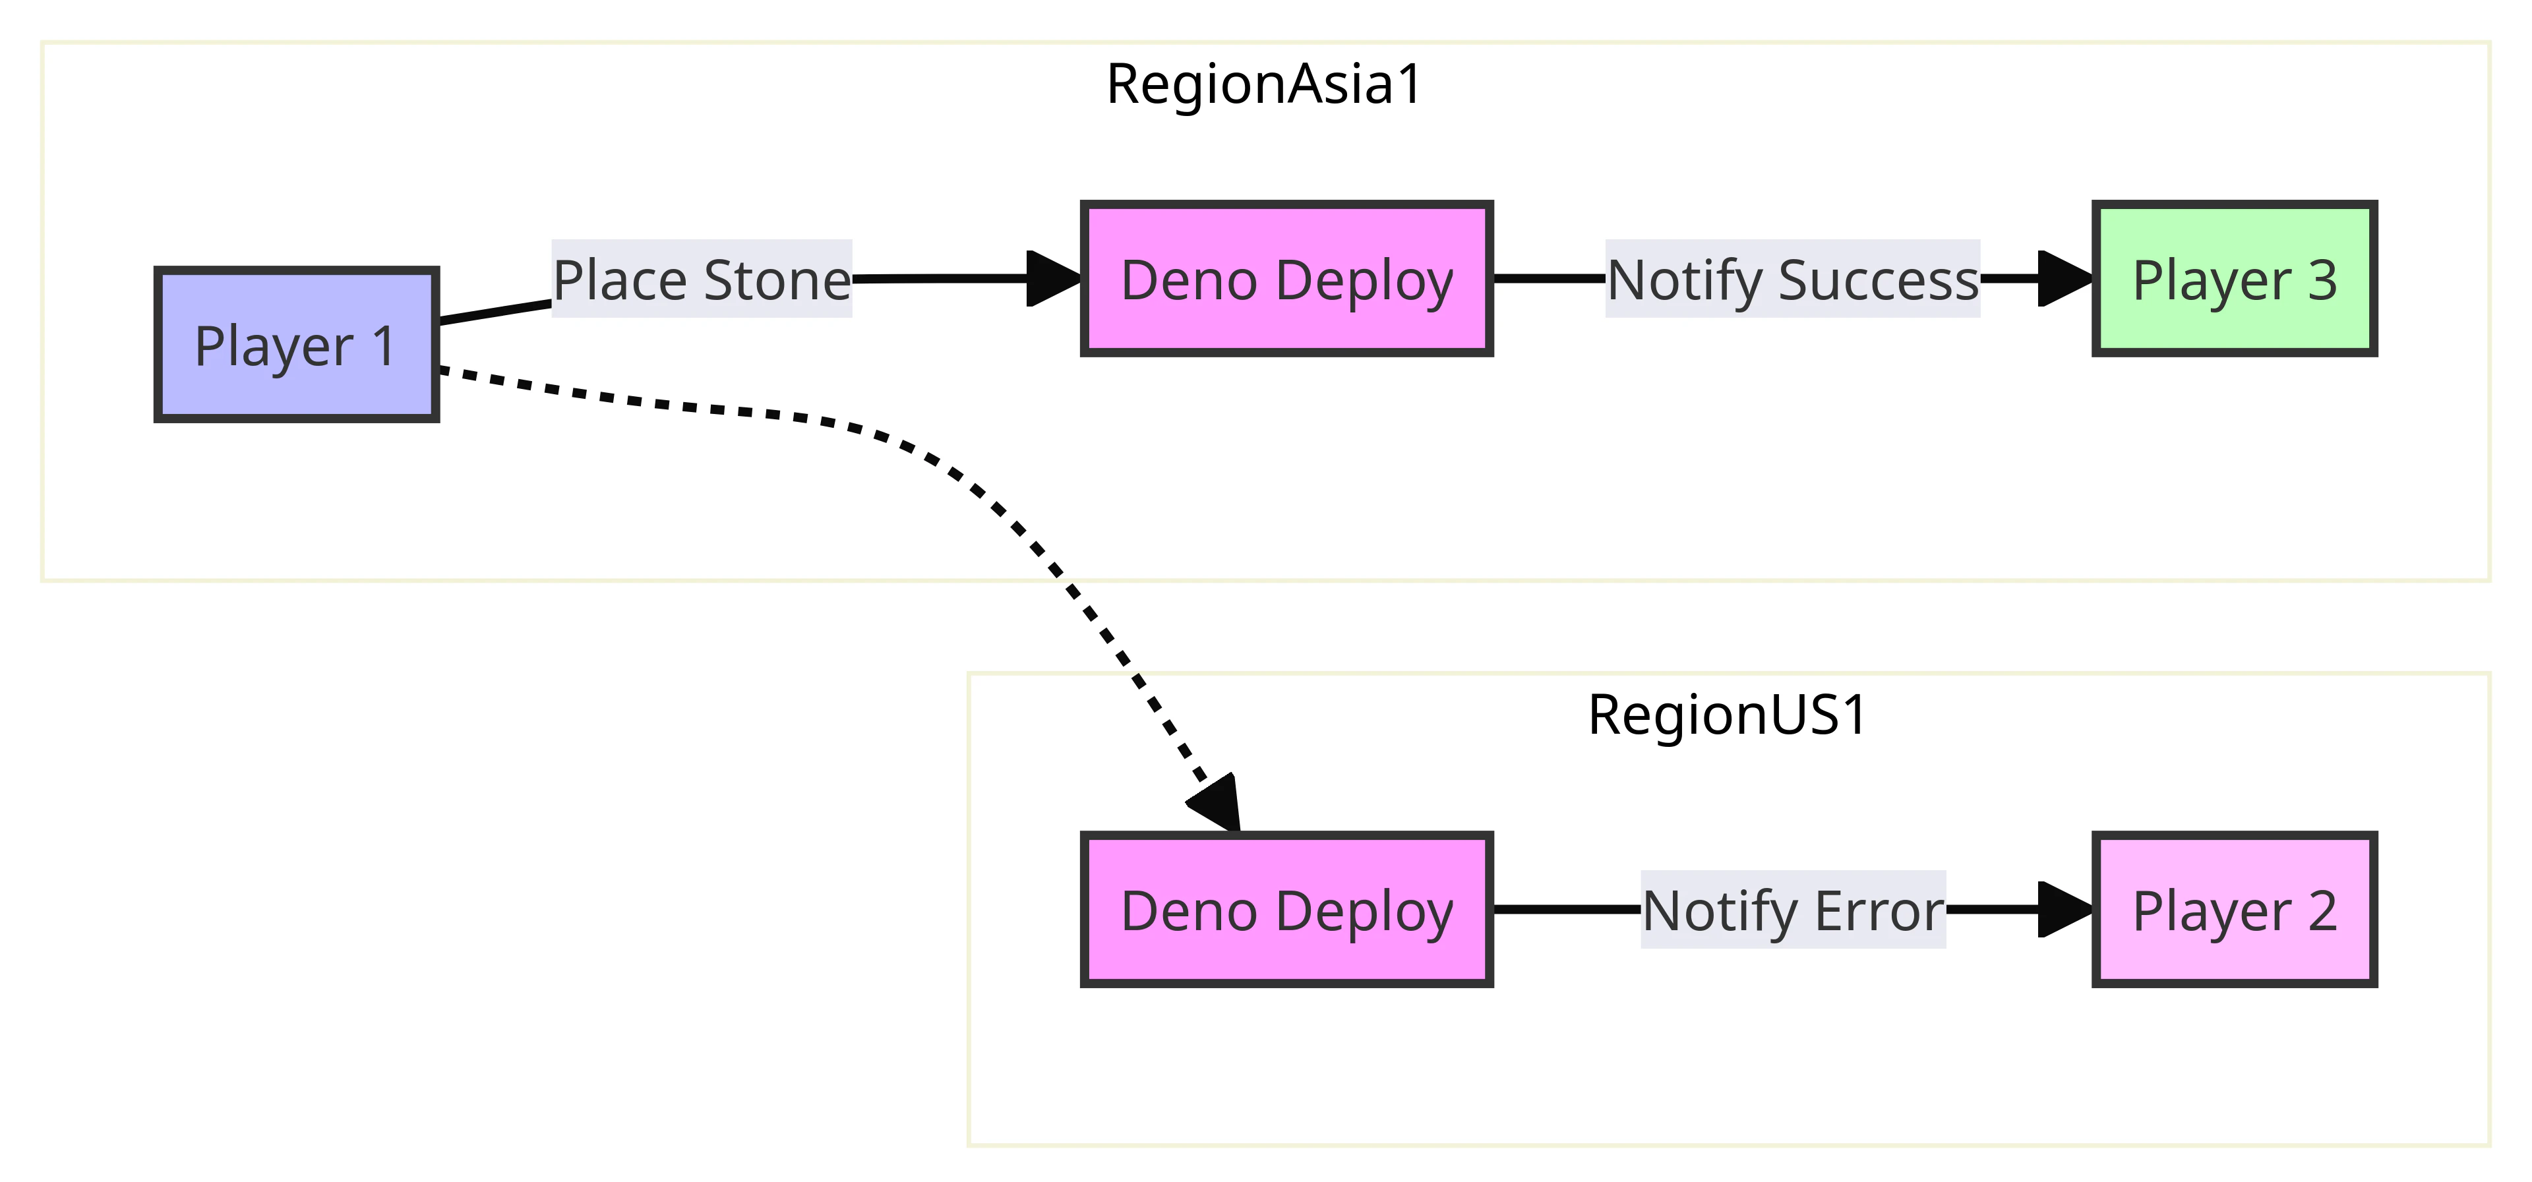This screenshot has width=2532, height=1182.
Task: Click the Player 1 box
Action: (x=296, y=345)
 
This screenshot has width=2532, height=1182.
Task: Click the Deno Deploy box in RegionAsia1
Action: (x=1286, y=279)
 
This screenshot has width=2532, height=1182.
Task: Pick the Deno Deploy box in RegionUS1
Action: (x=1286, y=910)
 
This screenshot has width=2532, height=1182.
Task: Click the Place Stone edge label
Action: (x=702, y=279)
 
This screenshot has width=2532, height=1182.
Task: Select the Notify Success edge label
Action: (x=1793, y=279)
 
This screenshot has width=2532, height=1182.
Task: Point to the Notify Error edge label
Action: (x=1793, y=910)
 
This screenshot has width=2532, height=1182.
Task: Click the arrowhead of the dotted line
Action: (x=1217, y=804)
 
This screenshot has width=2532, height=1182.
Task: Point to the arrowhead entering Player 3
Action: (x=2066, y=279)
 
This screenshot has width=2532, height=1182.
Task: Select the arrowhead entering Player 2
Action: (x=2066, y=910)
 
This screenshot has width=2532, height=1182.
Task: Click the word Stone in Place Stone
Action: (x=777, y=280)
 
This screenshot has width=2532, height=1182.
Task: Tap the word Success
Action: (x=1879, y=280)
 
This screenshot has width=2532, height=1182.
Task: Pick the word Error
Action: (x=1879, y=911)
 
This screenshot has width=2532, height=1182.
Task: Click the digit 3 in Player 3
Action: (x=2322, y=280)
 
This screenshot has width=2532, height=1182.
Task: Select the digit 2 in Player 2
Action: (x=2322, y=911)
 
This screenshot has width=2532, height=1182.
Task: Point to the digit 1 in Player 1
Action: (x=383, y=346)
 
